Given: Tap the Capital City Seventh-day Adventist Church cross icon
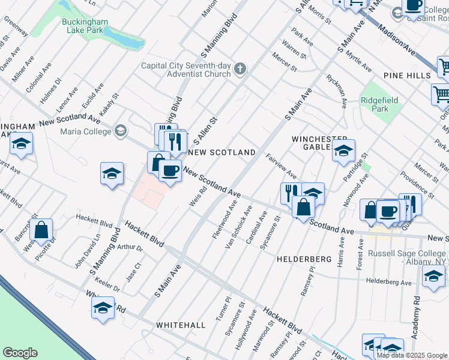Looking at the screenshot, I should click(x=240, y=69).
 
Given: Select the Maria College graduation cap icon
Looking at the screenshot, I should click(x=121, y=130).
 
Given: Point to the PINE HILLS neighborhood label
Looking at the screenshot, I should click(x=406, y=76).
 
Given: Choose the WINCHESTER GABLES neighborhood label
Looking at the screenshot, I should click(x=312, y=143).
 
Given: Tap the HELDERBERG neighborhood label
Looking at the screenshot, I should click(x=304, y=259).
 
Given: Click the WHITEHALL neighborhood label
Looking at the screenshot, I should click(x=181, y=325).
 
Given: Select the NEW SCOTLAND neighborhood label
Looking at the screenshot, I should click(x=221, y=152).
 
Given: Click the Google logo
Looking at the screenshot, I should click(x=20, y=353).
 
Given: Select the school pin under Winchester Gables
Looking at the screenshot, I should click(x=344, y=151).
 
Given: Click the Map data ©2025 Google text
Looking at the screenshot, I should click(x=412, y=355).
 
